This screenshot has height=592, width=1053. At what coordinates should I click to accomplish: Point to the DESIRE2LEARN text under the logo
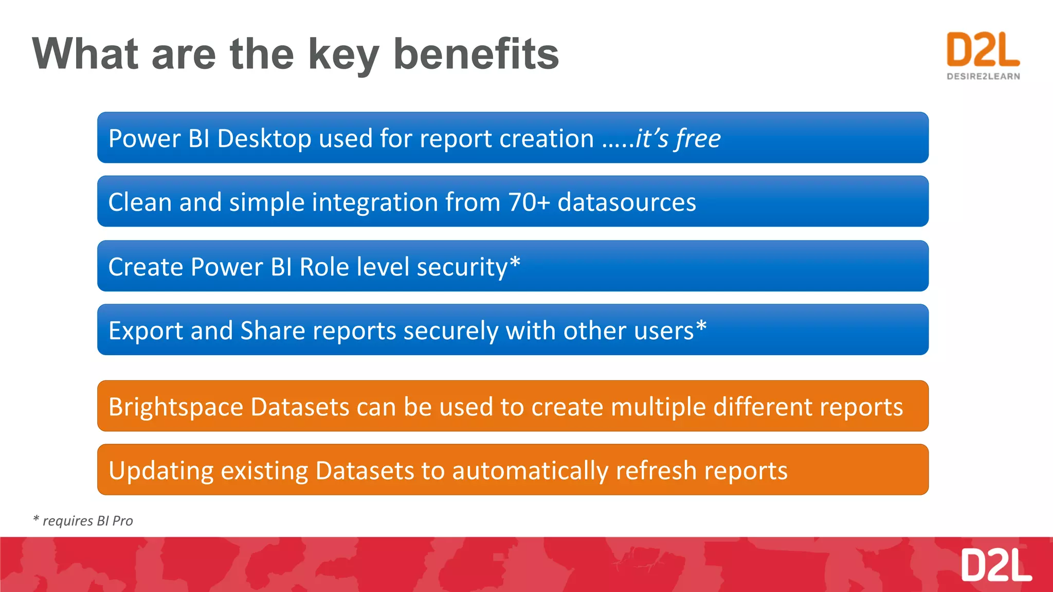click(x=983, y=77)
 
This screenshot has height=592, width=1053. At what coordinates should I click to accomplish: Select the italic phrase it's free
click(x=678, y=139)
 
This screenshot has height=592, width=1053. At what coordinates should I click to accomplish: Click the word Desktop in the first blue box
click(x=264, y=139)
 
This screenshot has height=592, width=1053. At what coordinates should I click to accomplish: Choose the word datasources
click(x=627, y=202)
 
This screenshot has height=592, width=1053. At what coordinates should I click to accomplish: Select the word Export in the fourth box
click(x=146, y=330)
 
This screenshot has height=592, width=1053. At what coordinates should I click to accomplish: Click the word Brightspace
click(x=176, y=407)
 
